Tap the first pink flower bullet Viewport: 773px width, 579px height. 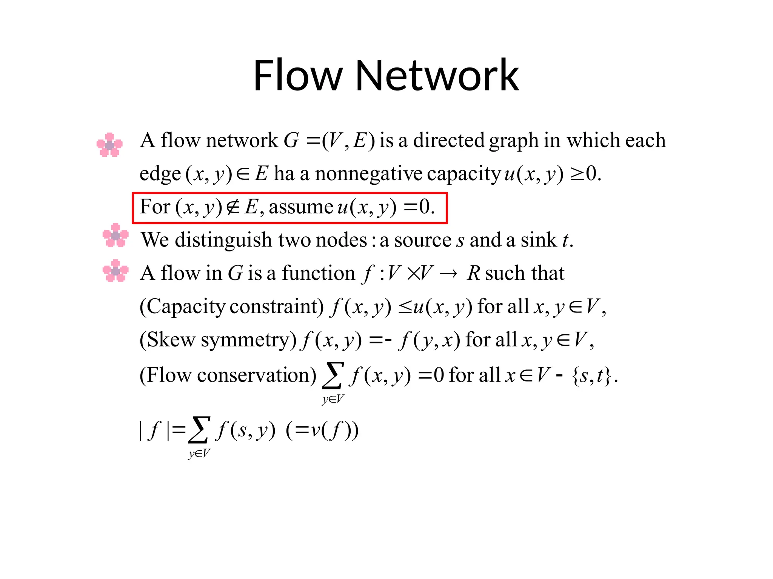pos(109,144)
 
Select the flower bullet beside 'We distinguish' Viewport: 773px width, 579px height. pos(115,235)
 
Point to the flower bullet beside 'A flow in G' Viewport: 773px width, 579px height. pos(115,271)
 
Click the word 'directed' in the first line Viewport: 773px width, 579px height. pos(448,140)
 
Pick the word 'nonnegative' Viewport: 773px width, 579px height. pos(368,174)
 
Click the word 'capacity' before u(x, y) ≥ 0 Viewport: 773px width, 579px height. pos(463,175)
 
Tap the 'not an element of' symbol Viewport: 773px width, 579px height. pos(233,207)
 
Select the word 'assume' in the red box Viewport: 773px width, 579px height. pos(301,207)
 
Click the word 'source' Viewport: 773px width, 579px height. pos(422,240)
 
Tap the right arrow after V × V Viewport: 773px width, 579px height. pos(448,274)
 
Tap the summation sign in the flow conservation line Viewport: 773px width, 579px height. pos(333,375)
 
